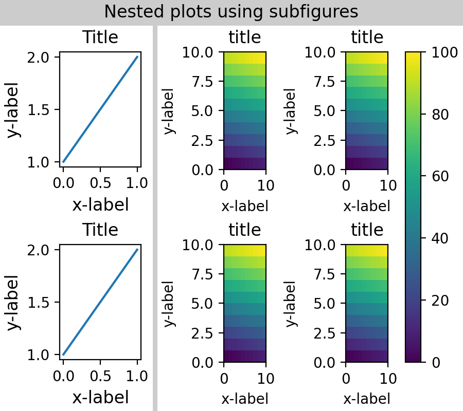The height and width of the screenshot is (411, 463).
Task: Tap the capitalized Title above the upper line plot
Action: [100, 38]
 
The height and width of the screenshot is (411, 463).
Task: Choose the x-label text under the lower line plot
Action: [100, 398]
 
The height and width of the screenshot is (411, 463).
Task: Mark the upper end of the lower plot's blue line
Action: [137, 250]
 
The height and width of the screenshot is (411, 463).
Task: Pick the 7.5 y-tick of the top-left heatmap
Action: [203, 81]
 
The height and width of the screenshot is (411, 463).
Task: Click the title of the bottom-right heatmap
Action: [367, 230]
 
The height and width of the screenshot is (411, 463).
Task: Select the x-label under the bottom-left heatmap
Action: [245, 399]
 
